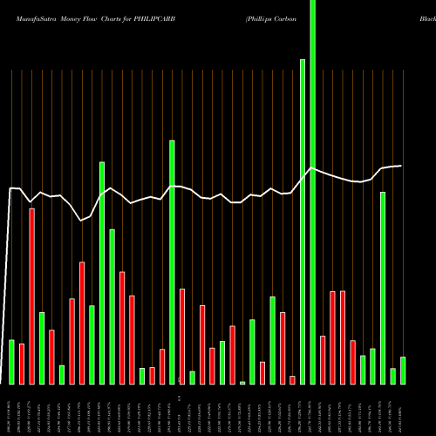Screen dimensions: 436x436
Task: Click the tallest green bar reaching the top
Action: point(312,192)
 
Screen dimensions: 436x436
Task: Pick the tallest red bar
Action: point(31,296)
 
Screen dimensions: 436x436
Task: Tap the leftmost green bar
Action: point(11,362)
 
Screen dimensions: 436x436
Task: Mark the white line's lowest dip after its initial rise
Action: point(81,221)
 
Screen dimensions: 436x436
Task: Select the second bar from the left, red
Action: point(22,364)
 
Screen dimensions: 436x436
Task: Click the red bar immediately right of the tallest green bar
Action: point(323,359)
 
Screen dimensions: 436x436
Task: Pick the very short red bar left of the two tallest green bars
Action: point(292,379)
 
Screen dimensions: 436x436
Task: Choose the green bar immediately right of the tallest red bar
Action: point(42,347)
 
